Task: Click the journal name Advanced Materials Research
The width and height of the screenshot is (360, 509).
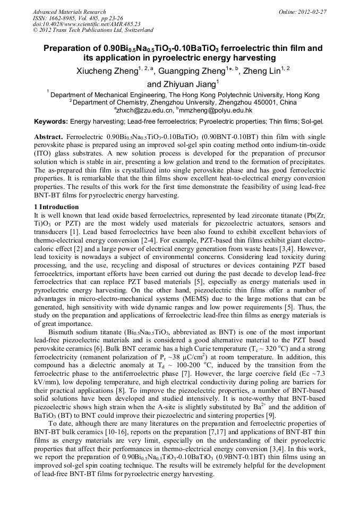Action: coord(69,12)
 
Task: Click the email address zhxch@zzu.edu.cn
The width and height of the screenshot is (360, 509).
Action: coord(145,110)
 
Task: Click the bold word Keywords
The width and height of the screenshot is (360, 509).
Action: coord(50,122)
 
